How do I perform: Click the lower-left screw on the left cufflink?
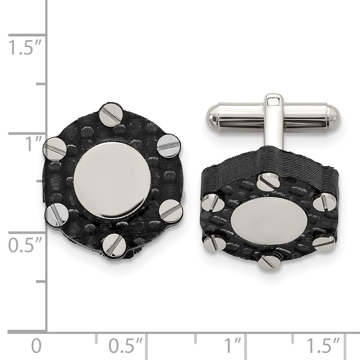pos(56,215)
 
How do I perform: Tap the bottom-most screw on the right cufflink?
pos(268,261)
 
